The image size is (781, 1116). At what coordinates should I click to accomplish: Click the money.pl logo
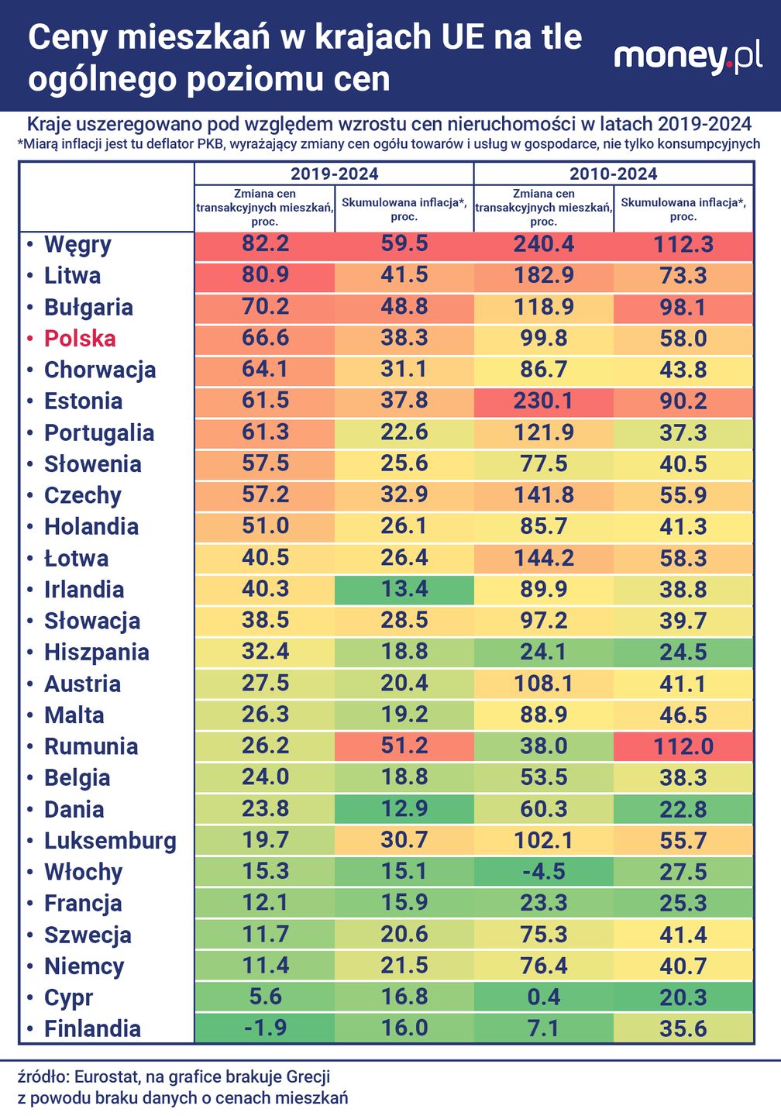(688, 57)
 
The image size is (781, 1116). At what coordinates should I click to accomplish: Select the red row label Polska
(80, 339)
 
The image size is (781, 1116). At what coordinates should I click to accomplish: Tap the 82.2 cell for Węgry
(265, 244)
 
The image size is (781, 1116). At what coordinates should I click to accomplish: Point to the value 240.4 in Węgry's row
(543, 244)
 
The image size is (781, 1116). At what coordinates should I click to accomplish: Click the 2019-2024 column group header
(334, 174)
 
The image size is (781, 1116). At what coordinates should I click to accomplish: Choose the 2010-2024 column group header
(613, 174)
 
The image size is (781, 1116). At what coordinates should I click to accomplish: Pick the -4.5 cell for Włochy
(543, 872)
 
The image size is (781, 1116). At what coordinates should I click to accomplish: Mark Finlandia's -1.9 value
(265, 1028)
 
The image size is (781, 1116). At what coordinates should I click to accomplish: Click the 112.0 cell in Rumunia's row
(683, 746)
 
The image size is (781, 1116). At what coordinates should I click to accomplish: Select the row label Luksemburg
(110, 841)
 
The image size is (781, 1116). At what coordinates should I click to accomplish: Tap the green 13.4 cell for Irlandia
(404, 589)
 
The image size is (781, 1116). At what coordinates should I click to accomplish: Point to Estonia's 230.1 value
(543, 401)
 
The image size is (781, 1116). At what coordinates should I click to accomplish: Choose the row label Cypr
(68, 997)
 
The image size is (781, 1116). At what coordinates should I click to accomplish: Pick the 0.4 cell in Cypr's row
(543, 997)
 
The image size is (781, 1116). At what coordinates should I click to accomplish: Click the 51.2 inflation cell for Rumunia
(404, 746)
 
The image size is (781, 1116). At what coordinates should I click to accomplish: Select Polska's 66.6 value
(265, 339)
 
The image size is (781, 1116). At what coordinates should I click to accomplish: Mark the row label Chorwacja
(100, 370)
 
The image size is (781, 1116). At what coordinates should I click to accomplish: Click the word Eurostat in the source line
(107, 1076)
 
